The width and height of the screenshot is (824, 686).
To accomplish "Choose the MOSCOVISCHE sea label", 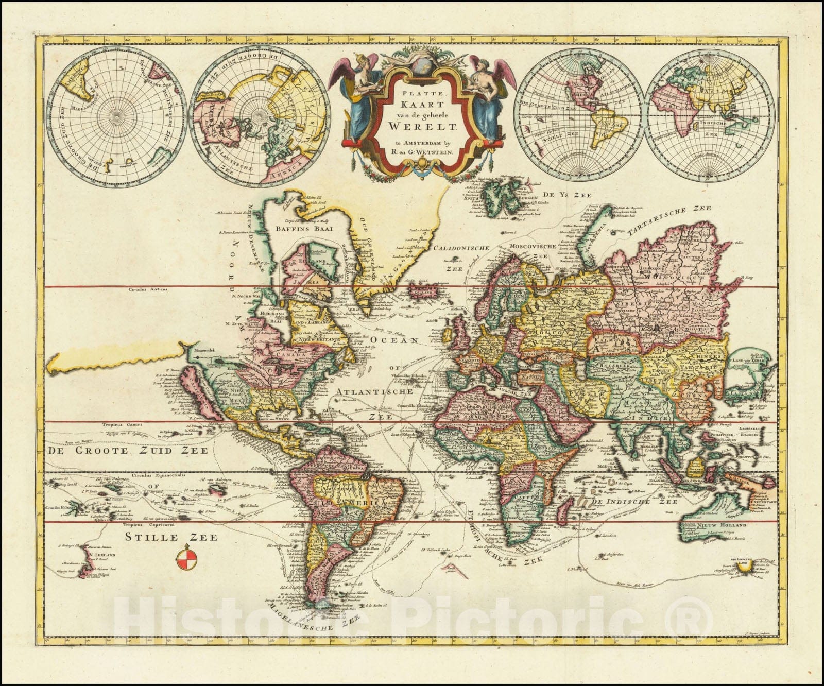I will click(x=533, y=247).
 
